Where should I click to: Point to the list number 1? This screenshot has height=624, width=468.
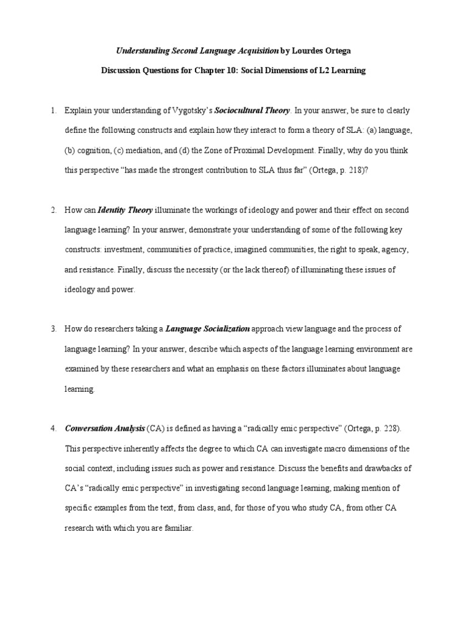tap(53, 110)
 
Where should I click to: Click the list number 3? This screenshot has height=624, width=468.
tap(53, 329)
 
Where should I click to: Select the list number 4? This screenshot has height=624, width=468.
tap(53, 429)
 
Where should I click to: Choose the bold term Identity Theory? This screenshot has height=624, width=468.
tap(126, 210)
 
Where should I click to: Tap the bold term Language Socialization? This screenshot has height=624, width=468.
tap(208, 329)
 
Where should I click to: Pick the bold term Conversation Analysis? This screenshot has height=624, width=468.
tap(105, 429)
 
